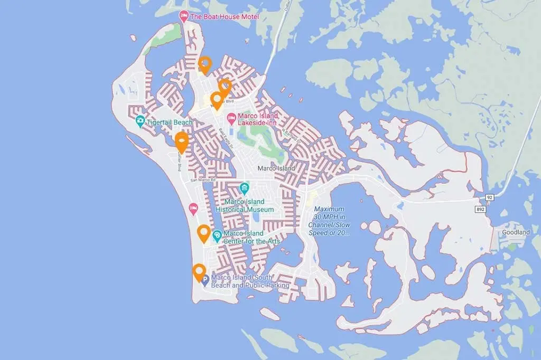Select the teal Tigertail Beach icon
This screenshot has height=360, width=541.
139,122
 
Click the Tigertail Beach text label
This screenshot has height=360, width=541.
170,122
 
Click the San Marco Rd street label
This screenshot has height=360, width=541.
204,180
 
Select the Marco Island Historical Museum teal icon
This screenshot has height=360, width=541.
244,188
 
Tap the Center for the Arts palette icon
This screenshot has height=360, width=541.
217,236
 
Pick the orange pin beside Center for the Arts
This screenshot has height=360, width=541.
203,232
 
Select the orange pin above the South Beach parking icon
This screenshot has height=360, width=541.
199,272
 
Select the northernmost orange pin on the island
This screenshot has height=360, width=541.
204,64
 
